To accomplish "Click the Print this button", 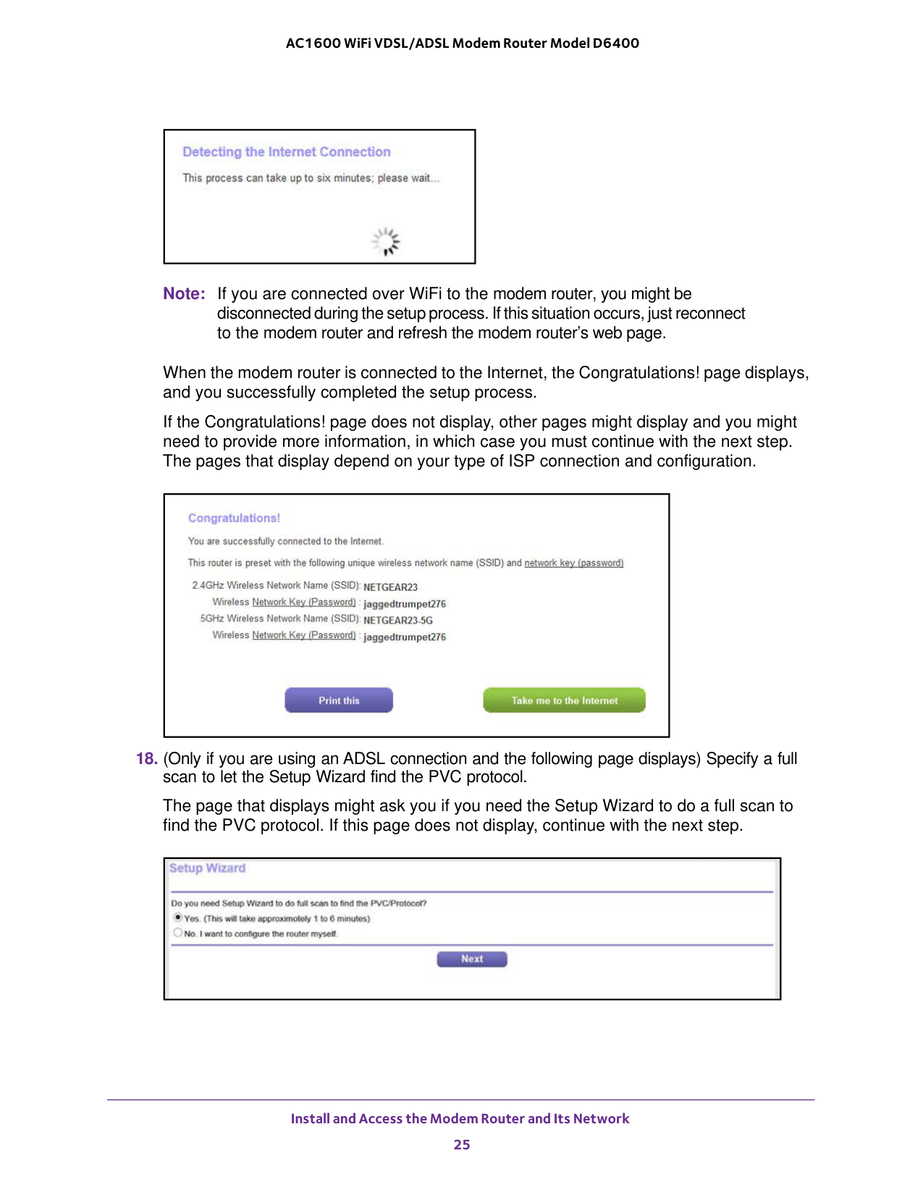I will click(x=339, y=700).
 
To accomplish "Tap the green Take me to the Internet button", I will click(x=564, y=700).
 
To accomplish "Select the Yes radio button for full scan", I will click(x=178, y=918).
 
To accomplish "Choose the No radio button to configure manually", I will click(x=178, y=933).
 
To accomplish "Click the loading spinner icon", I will click(x=386, y=241).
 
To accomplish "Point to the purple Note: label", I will click(x=184, y=294).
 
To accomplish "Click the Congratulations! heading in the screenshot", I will click(x=234, y=518).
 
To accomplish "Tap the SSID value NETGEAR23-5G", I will click(x=398, y=621).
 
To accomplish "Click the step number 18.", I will click(x=146, y=759).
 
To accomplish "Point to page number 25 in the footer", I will click(x=462, y=1144).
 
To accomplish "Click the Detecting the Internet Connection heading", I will click(x=286, y=152).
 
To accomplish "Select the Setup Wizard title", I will click(x=208, y=868).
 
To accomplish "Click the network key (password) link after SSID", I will click(x=573, y=563).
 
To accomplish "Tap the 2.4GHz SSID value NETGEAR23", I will click(x=390, y=587).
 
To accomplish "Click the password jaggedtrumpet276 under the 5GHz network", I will click(x=405, y=637).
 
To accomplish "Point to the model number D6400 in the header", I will click(x=616, y=43).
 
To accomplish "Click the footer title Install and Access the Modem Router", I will click(x=460, y=1118).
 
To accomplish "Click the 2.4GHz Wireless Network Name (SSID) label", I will click(x=276, y=585).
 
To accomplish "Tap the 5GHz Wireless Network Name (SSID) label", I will click(x=279, y=619).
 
